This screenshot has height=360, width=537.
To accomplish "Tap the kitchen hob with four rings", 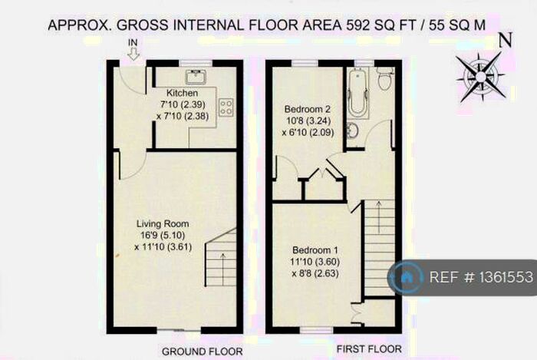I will click(x=226, y=107).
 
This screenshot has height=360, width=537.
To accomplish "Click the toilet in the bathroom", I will click(x=386, y=78).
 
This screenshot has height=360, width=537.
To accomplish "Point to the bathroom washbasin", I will click(x=352, y=128).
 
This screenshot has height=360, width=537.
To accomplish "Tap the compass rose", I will click(x=480, y=74).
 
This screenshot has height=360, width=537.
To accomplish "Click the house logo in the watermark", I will click(x=407, y=277).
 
